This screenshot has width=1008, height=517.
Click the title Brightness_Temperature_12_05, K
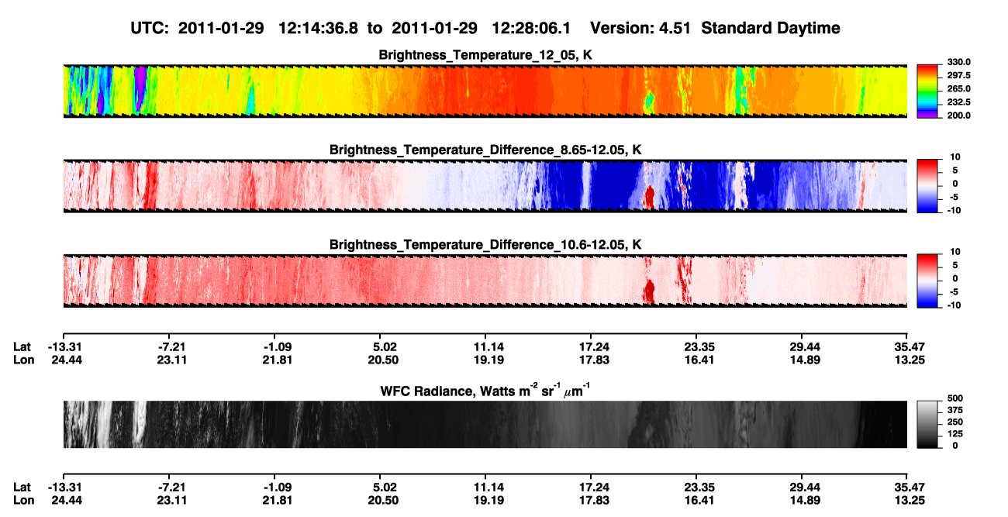485,55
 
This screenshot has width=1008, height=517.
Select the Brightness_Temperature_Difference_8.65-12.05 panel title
485,150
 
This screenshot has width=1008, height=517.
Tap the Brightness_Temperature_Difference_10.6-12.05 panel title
485,245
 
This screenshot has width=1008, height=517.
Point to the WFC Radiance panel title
485,390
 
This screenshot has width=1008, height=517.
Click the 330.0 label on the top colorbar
958,62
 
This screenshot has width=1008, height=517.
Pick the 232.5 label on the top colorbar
958,102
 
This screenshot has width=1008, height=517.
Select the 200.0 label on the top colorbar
958,115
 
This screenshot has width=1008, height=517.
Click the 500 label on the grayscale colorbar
955,398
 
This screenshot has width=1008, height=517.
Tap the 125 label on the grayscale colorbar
955,434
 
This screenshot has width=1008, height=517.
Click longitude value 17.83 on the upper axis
594,360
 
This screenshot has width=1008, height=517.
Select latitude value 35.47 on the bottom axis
909,488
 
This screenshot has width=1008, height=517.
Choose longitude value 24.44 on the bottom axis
67,501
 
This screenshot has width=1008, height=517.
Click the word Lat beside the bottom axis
22,488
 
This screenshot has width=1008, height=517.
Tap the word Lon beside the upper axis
23,360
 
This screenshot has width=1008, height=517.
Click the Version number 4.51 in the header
675,28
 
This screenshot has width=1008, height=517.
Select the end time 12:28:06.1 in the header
531,28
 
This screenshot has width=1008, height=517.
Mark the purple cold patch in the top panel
140,88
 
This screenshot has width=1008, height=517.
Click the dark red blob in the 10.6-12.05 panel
649,291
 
